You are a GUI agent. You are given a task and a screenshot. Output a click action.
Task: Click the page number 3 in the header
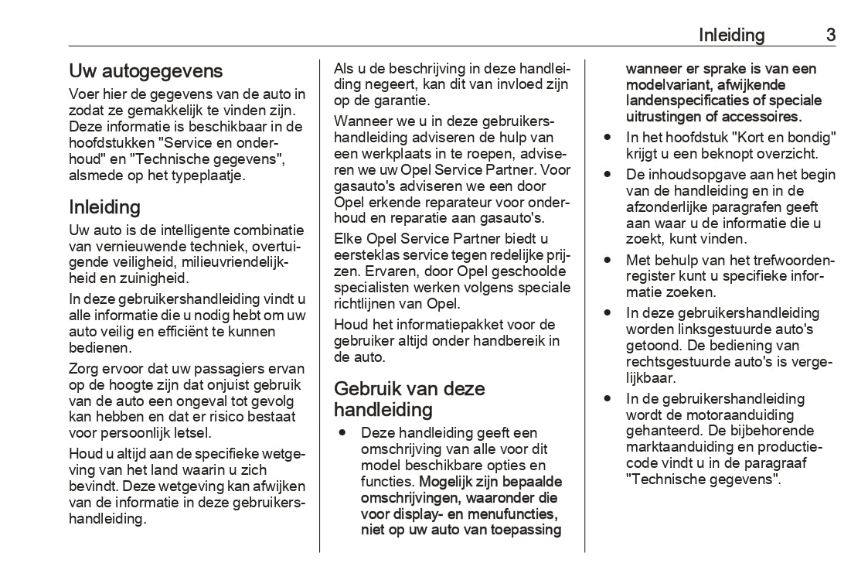tap(830, 35)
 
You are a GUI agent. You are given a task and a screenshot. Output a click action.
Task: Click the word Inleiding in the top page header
tap(731, 35)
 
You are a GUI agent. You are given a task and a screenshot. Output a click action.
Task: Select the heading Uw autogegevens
tap(146, 71)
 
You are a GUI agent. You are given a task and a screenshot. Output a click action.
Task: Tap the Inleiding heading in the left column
tap(104, 206)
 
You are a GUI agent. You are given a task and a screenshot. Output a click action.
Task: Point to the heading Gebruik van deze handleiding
tap(410, 398)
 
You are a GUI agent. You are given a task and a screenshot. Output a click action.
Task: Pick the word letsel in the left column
tap(192, 433)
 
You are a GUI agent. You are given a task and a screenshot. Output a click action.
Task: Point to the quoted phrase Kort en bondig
tap(782, 137)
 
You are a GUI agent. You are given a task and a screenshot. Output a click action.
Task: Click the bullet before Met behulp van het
tap(608, 261)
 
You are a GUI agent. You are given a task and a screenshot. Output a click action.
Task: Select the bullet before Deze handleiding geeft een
tap(341, 432)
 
